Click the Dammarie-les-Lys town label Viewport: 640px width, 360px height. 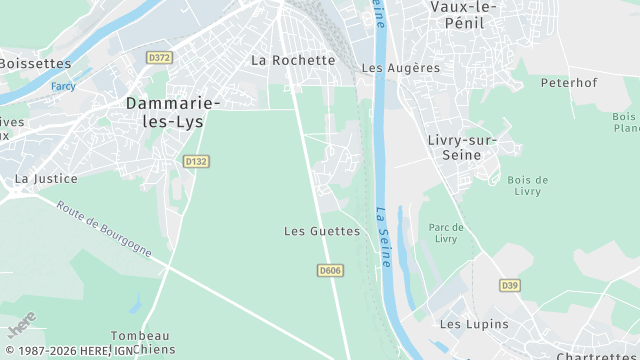tap(174, 110)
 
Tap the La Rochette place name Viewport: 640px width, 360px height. tap(293, 60)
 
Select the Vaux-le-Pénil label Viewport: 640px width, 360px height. tap(462, 15)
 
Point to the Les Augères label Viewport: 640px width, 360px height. tap(400, 68)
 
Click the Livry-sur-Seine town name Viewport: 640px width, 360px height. tap(461, 147)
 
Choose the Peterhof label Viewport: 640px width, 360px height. tap(568, 82)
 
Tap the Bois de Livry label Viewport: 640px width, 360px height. tap(527, 186)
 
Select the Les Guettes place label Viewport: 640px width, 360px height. tap(321, 231)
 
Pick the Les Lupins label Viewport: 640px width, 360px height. tap(474, 324)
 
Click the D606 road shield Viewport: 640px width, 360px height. tap(329, 270)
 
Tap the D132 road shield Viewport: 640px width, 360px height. tap(196, 160)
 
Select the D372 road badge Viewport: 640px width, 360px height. tap(159, 58)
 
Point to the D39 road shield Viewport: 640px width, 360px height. tap(510, 286)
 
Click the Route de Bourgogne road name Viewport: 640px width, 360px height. tap(104, 229)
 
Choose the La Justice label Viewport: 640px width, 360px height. tap(39, 178)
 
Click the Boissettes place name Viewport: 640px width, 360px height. tap(35, 63)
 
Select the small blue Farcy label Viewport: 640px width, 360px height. tap(63, 86)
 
